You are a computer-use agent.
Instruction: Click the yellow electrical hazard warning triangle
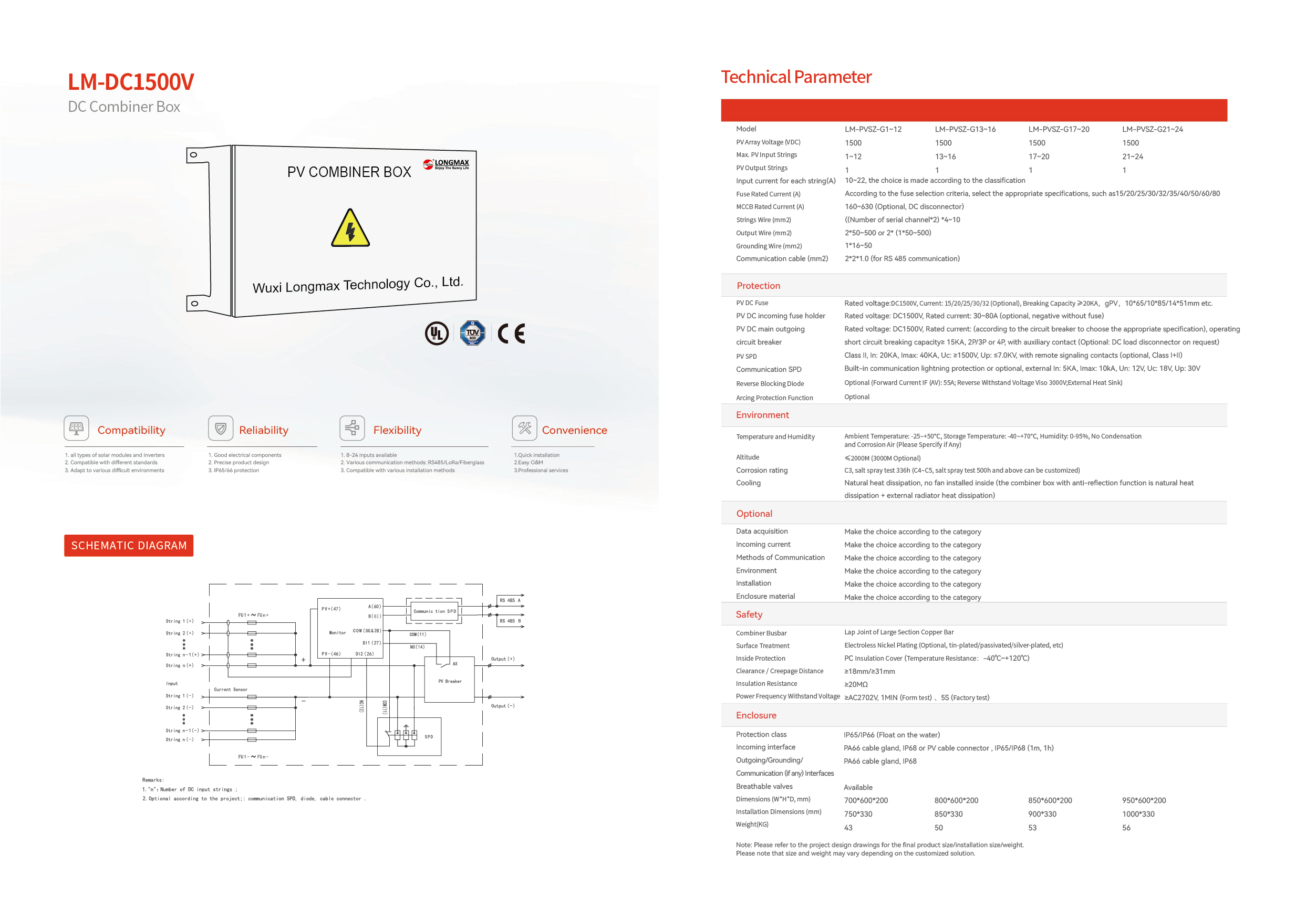pyautogui.click(x=350, y=228)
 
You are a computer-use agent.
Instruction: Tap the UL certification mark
pyautogui.click(x=437, y=333)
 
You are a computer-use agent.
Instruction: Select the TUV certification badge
pyautogui.click(x=472, y=333)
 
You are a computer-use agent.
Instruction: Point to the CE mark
pyautogui.click(x=511, y=333)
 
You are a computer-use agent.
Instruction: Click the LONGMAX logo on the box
pyautogui.click(x=447, y=164)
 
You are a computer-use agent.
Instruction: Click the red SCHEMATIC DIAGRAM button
pyautogui.click(x=129, y=546)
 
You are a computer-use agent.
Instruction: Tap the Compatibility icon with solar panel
pyautogui.click(x=77, y=428)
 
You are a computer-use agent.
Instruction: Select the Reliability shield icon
pyautogui.click(x=221, y=428)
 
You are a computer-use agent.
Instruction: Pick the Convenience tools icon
pyautogui.click(x=524, y=428)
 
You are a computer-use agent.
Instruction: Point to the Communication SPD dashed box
pyautogui.click(x=434, y=611)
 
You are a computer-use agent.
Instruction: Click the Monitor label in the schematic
pyautogui.click(x=337, y=633)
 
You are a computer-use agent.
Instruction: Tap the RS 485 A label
pyautogui.click(x=510, y=600)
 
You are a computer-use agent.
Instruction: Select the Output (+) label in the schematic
pyautogui.click(x=503, y=659)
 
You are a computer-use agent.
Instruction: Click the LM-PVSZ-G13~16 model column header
pyautogui.click(x=965, y=129)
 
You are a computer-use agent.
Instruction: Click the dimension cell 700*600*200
pyautogui.click(x=866, y=801)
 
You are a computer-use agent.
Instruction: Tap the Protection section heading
pyautogui.click(x=758, y=286)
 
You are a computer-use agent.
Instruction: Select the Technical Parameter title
pyautogui.click(x=796, y=77)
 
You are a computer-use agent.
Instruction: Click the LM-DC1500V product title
pyautogui.click(x=131, y=82)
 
